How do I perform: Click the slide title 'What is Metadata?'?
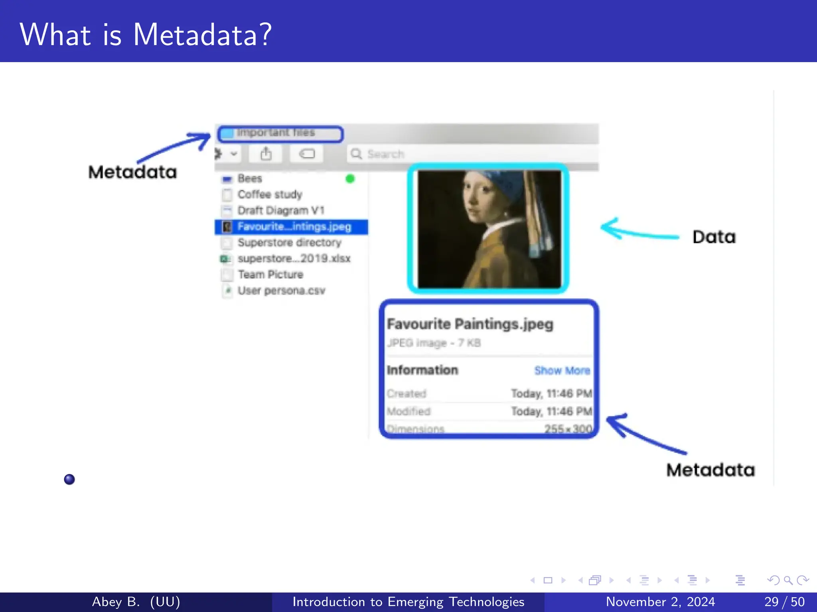pos(146,35)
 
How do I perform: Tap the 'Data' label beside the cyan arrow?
pos(714,237)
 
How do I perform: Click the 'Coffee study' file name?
pos(270,194)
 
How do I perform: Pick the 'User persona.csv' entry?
pos(281,290)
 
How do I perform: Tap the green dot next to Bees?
pos(350,178)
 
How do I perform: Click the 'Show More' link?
pos(562,371)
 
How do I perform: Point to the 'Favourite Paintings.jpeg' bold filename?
pos(470,324)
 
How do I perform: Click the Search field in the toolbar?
pos(471,154)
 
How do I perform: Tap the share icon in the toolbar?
pos(266,154)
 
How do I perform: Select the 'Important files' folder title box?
pos(280,133)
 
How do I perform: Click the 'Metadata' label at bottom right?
pos(710,470)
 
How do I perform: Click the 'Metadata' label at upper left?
pos(132,172)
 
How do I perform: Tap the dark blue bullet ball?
pos(69,479)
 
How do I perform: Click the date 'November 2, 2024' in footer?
pos(660,602)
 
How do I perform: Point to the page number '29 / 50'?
pos(784,602)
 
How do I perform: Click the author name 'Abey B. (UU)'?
pos(136,602)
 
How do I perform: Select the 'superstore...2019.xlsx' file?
pos(294,259)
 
